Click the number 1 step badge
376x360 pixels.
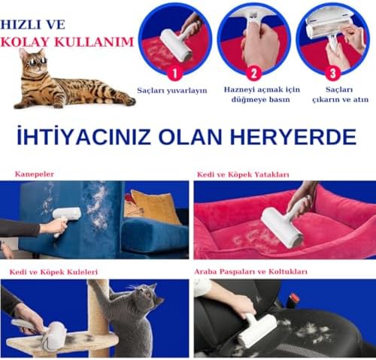(174, 73)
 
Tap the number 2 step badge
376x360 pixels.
(253, 73)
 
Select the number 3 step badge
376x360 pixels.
(333, 73)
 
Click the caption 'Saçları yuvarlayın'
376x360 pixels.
(172, 90)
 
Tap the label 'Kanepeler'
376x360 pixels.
(35, 174)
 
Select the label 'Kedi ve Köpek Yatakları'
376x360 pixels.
(243, 174)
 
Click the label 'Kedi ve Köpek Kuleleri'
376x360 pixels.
(53, 272)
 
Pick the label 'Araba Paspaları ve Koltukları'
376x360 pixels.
(250, 272)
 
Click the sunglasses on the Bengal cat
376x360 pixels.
(38, 61)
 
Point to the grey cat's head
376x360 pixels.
(146, 295)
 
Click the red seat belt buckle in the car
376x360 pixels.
(295, 298)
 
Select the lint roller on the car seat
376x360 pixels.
(256, 329)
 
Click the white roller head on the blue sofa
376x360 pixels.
(67, 213)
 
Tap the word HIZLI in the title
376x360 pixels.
(16, 25)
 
